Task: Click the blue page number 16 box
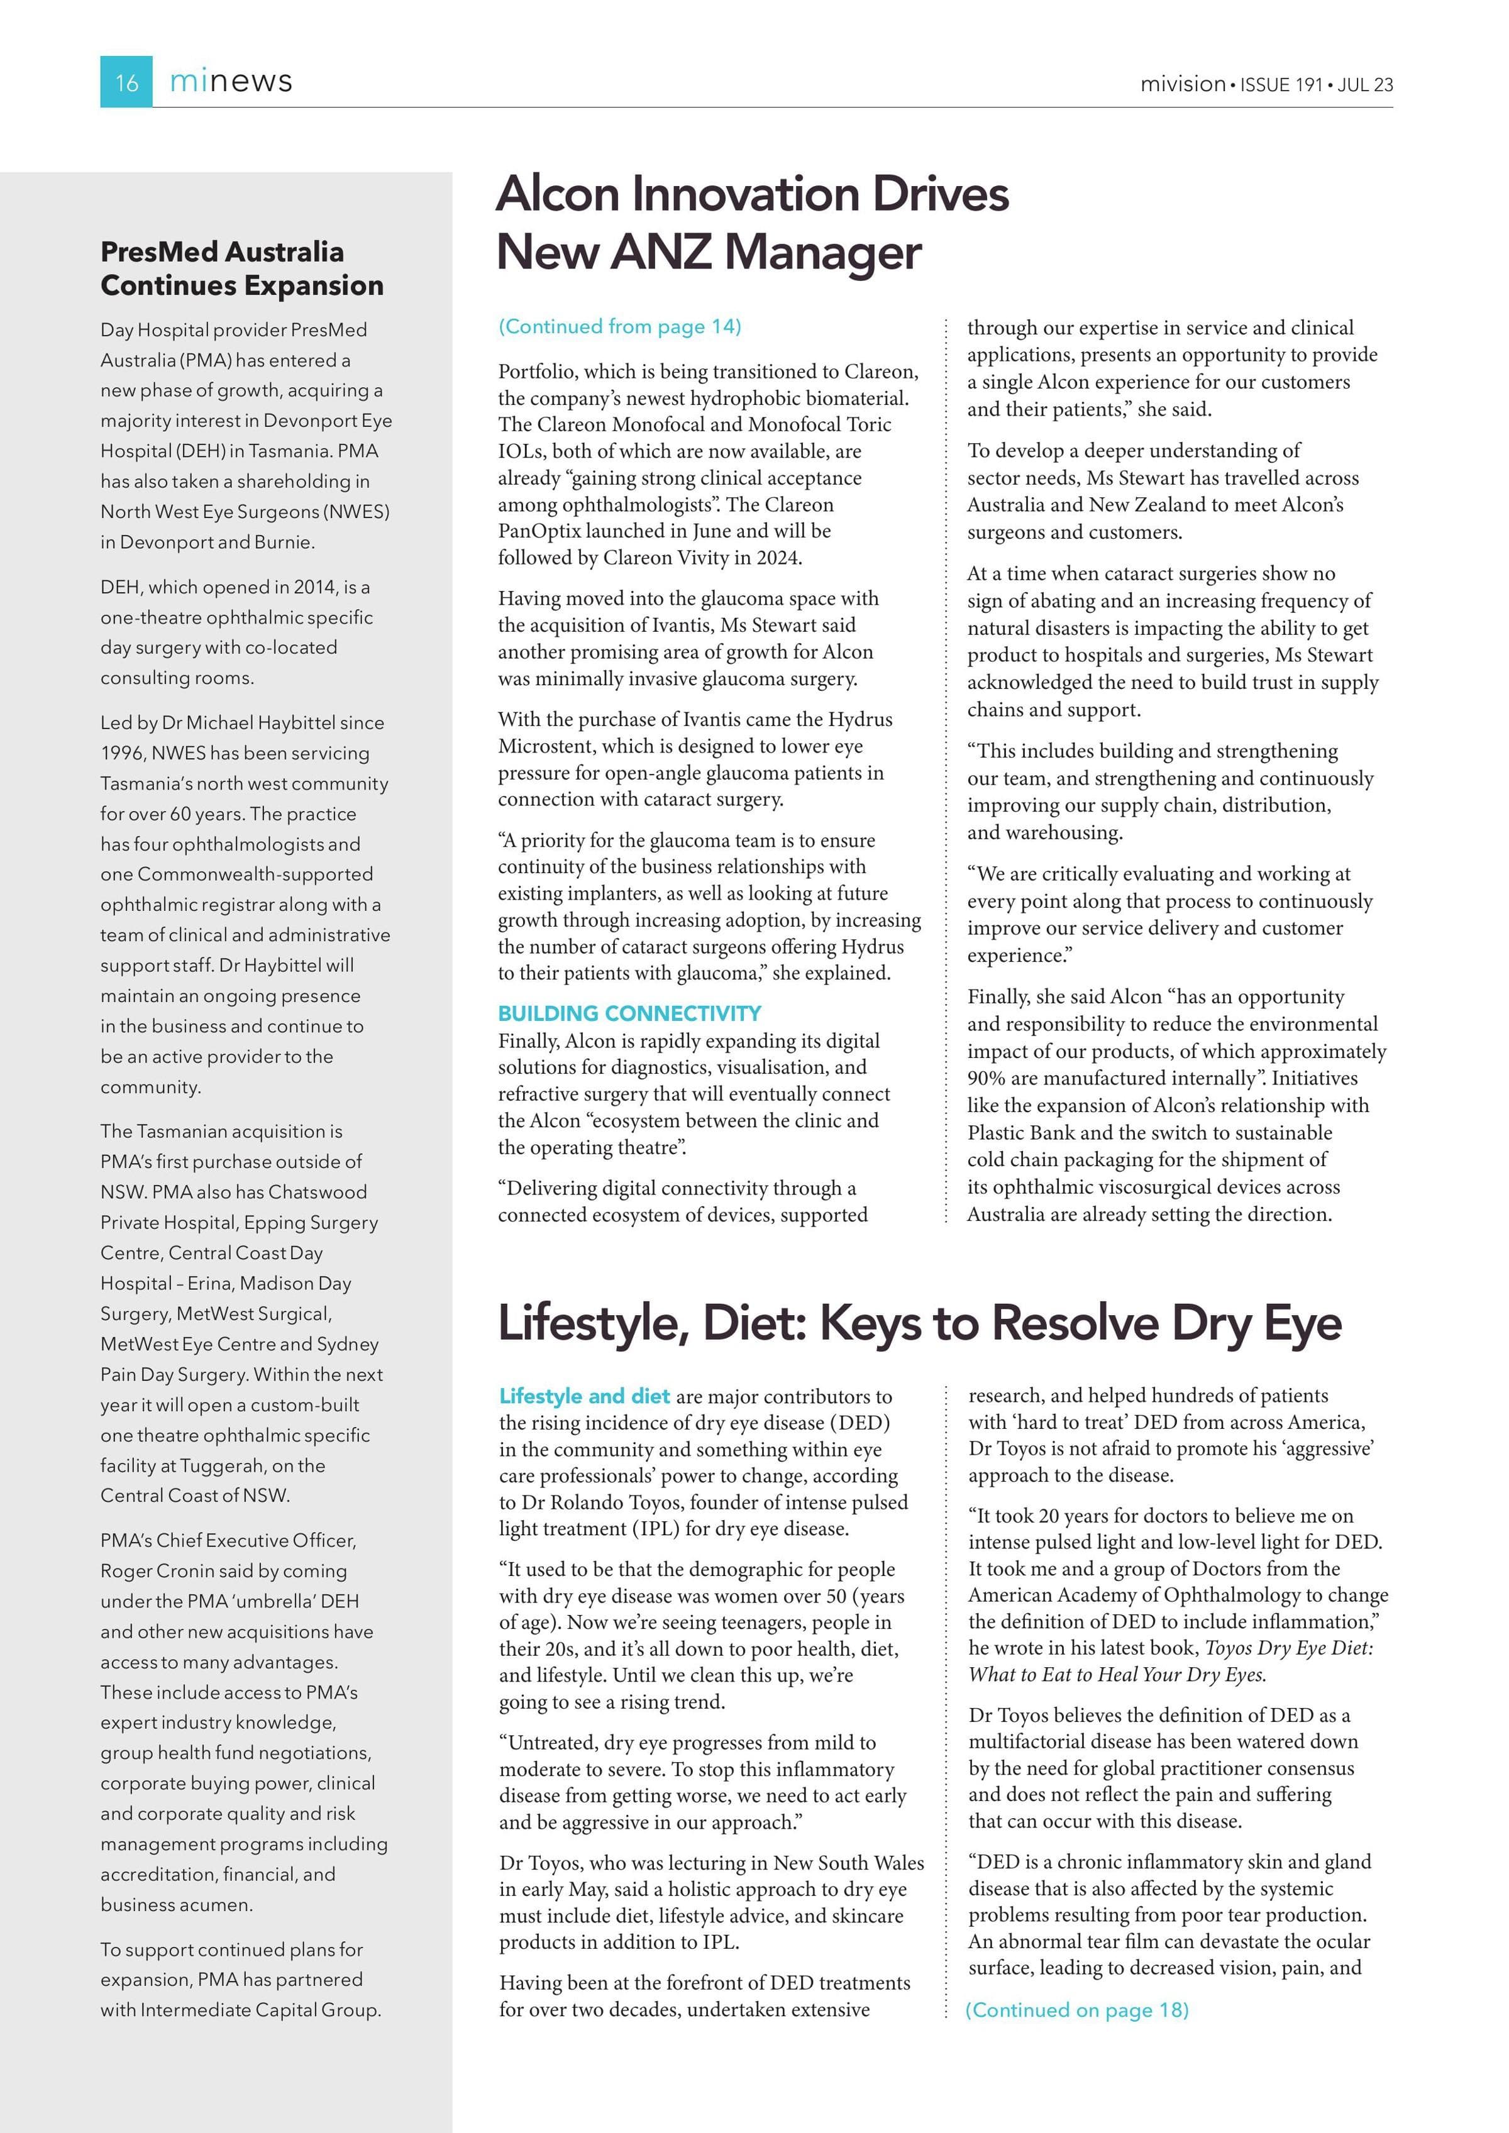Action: (126, 82)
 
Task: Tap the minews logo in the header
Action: (231, 82)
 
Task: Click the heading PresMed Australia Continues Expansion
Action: (241, 268)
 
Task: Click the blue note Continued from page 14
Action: (620, 326)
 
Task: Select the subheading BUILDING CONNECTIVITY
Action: (629, 1013)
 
